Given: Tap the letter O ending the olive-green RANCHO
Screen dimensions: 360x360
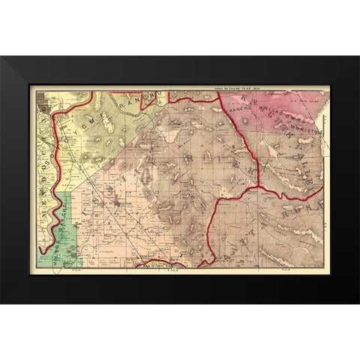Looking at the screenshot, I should (x=158, y=95).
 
